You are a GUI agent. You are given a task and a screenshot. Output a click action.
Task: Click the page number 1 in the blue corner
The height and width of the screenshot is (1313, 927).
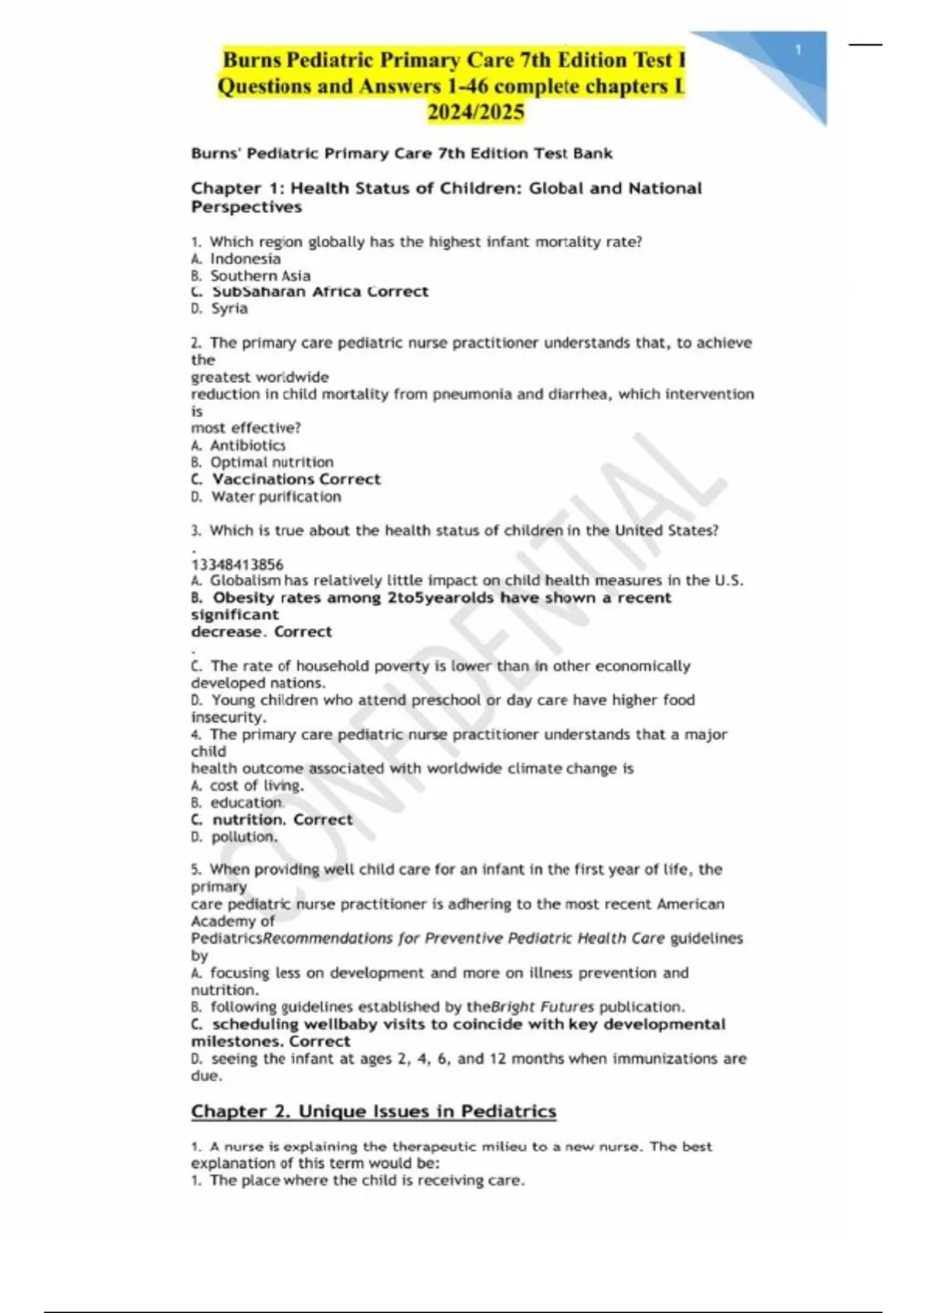point(798,50)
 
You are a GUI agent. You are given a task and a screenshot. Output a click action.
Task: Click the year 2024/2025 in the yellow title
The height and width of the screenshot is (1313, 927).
point(476,113)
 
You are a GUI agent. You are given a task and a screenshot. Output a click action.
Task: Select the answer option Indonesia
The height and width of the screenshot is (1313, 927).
point(245,259)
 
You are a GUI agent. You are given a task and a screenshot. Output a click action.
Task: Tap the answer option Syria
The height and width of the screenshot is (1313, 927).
point(229,308)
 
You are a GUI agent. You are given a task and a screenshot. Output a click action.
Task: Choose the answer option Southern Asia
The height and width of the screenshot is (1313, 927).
point(260,276)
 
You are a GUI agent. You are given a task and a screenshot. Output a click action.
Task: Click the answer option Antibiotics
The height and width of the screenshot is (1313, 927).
point(247,445)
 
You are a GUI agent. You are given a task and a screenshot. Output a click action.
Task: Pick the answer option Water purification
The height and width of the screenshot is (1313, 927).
point(276,497)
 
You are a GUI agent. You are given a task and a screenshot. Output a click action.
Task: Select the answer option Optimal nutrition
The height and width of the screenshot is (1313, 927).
point(272,462)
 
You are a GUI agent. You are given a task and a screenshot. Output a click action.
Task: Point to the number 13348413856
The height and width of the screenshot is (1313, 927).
point(237,565)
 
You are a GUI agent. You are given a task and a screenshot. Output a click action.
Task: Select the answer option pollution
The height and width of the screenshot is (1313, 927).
point(244,836)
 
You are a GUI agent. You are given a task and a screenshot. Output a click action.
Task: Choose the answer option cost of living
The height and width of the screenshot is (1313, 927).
point(256,785)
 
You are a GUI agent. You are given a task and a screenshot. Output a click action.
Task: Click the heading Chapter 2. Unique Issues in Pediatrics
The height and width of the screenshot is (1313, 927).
point(373,1111)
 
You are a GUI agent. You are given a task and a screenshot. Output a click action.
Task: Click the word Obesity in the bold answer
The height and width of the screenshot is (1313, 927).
point(243,598)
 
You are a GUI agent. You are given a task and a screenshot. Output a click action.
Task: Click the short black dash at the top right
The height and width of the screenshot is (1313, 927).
point(865,45)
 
